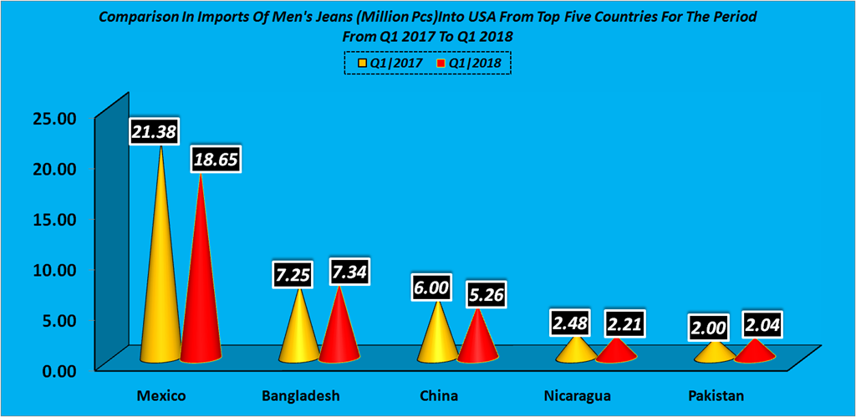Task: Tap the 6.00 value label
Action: [431, 288]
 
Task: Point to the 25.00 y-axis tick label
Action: [54, 118]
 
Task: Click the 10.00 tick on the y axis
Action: [54, 269]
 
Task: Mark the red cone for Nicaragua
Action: [616, 351]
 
